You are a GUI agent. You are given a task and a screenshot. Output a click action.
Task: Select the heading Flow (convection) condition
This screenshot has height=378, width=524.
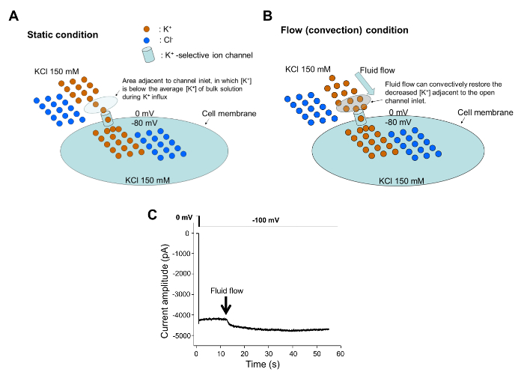coord(344,31)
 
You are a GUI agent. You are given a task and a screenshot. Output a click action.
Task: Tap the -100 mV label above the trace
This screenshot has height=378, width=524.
coord(266,220)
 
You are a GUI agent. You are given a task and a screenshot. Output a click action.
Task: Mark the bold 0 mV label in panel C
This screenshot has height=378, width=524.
coord(184,218)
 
